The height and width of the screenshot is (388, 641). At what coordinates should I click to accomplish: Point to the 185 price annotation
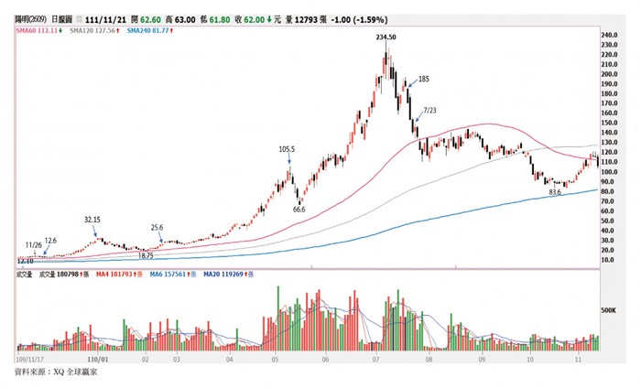point(423,80)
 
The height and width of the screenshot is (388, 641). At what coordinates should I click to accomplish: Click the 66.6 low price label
point(299,210)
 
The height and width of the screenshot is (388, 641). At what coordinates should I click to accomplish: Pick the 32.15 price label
point(92,221)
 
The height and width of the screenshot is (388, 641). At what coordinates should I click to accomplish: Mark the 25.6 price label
point(157,228)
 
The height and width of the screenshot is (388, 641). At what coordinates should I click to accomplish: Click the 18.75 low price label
point(146,257)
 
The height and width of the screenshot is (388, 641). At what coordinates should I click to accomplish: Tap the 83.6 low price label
point(554,193)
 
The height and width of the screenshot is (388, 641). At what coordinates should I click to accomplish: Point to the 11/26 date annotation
point(34,245)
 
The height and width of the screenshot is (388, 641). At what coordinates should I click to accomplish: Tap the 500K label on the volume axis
point(611,309)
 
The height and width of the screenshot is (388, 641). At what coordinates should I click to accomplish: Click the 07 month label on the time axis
point(375,360)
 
